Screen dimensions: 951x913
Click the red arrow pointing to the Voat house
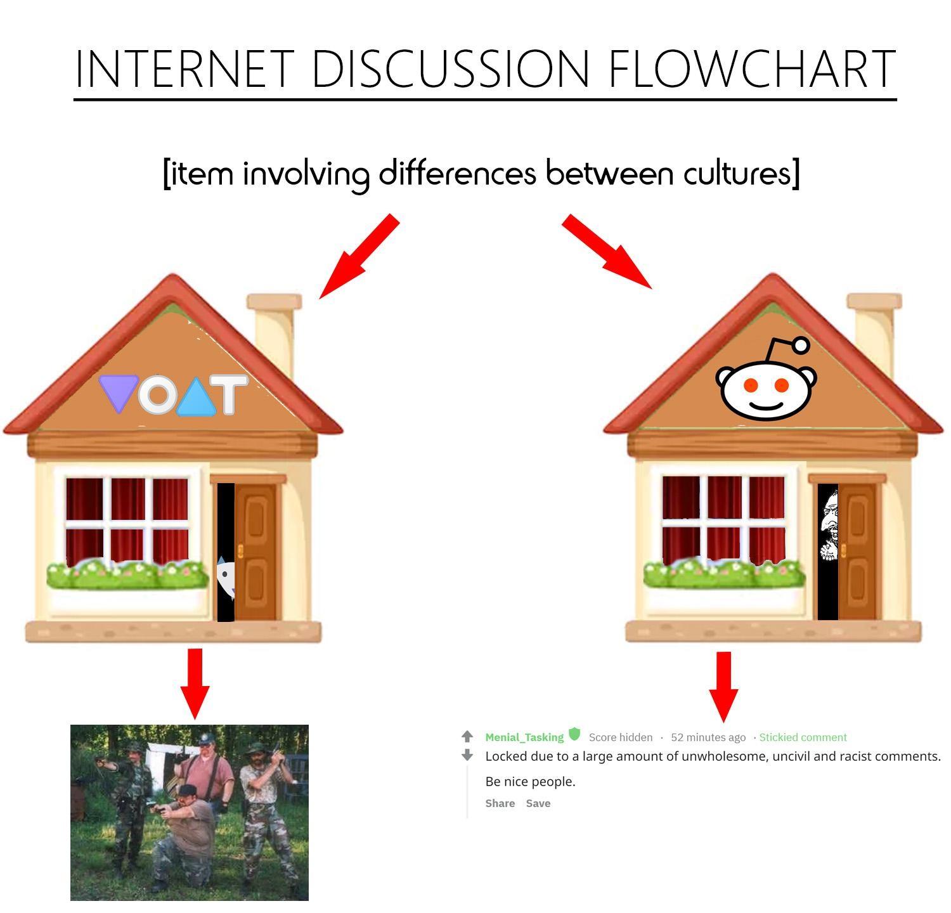coord(359,256)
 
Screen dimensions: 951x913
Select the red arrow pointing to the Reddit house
coord(607,252)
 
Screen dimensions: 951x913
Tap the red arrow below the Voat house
coord(195,683)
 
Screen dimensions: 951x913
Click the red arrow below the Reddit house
coord(723,687)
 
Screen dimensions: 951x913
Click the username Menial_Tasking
coord(524,737)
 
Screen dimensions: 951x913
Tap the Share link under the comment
coord(500,803)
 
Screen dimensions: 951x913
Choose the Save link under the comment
coord(538,803)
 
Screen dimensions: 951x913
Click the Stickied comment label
coord(803,737)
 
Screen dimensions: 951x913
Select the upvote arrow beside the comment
coord(467,736)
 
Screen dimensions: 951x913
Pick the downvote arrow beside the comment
coord(467,755)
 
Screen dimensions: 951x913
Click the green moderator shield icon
coord(574,734)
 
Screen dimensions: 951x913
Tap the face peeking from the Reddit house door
coord(829,526)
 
